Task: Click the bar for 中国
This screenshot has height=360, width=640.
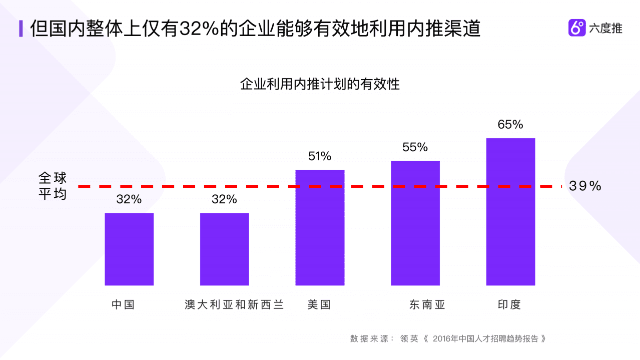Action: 129,249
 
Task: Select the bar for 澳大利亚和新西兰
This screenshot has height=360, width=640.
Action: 224,249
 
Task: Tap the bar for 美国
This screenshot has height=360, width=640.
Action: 320,228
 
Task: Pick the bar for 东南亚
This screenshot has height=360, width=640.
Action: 415,223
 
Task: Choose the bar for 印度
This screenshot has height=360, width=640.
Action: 510,211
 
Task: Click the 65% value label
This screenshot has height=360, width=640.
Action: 510,124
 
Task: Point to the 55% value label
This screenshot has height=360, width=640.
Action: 415,147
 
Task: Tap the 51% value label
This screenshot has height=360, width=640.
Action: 320,156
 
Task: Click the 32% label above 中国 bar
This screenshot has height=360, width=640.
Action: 129,199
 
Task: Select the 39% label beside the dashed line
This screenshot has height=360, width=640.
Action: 585,186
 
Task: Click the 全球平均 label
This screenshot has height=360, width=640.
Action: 53,186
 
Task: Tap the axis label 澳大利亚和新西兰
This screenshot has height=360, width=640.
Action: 234,304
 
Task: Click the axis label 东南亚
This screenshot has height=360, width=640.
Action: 427,304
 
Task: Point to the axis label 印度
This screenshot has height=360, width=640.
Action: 509,304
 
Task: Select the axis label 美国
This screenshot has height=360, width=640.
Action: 319,304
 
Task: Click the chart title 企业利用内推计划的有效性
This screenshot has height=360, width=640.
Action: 320,84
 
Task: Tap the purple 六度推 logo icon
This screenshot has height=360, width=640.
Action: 577,28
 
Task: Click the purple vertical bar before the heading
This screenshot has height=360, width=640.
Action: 21,29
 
